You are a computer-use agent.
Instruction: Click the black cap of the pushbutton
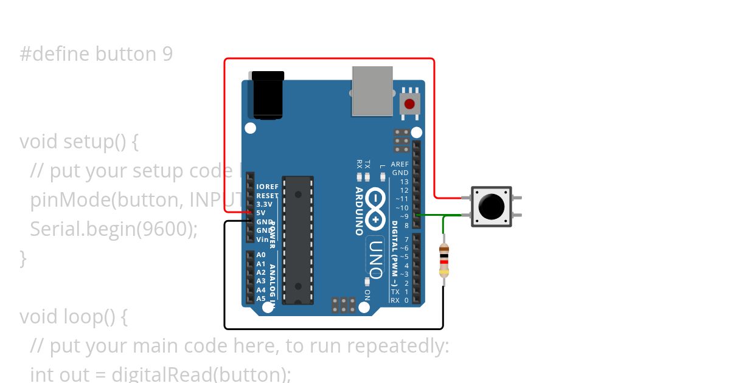(x=492, y=207)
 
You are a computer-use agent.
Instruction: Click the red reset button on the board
(x=410, y=103)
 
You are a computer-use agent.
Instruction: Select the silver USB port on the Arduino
(x=372, y=91)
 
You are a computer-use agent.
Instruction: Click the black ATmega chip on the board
(x=298, y=240)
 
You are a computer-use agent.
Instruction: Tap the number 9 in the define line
(x=167, y=54)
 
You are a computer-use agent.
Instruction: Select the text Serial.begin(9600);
(x=114, y=229)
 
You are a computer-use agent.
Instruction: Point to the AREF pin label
(x=400, y=164)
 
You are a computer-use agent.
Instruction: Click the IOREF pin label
(x=267, y=187)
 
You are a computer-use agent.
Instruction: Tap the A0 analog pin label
(x=261, y=255)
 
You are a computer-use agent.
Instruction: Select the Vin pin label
(x=262, y=240)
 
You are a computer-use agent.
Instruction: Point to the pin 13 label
(x=404, y=182)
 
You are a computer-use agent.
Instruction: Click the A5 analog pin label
(x=261, y=298)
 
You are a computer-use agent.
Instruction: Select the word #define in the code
(x=55, y=54)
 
